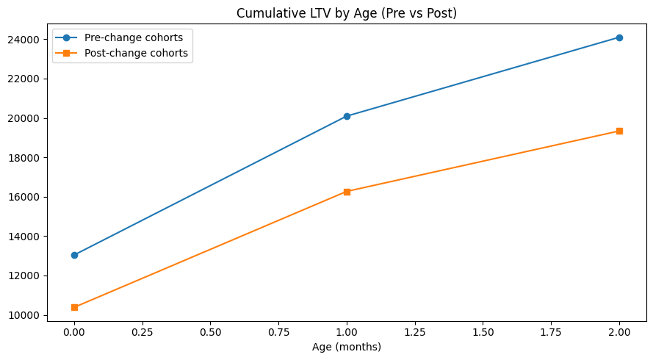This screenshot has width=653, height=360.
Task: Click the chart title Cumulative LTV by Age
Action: pyautogui.click(x=346, y=12)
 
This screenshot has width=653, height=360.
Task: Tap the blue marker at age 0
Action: pyautogui.click(x=74, y=255)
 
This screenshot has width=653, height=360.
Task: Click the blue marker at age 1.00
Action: pyautogui.click(x=347, y=116)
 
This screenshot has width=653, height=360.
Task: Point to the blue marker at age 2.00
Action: pyautogui.click(x=619, y=37)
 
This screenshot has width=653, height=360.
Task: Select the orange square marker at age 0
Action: pyautogui.click(x=74, y=307)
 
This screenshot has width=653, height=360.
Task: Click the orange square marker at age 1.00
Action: pyautogui.click(x=347, y=192)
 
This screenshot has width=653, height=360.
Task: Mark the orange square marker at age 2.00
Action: pyautogui.click(x=619, y=131)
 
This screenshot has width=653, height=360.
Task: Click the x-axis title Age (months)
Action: pyautogui.click(x=347, y=347)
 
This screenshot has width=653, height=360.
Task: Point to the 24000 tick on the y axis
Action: pyautogui.click(x=25, y=39)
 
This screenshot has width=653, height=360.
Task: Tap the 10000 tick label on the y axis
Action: pyautogui.click(x=25, y=315)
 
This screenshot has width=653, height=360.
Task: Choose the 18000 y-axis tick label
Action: pyautogui.click(x=25, y=157)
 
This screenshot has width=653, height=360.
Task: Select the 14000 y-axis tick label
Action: pyautogui.click(x=25, y=237)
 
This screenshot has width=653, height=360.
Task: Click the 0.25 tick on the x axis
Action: pyautogui.click(x=142, y=332)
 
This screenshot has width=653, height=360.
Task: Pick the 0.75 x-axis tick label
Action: pyautogui.click(x=278, y=332)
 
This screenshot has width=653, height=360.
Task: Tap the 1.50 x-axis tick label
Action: pyautogui.click(x=483, y=332)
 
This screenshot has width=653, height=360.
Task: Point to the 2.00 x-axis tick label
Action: pyautogui.click(x=619, y=332)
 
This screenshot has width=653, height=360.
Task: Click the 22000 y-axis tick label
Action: pyautogui.click(x=25, y=79)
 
